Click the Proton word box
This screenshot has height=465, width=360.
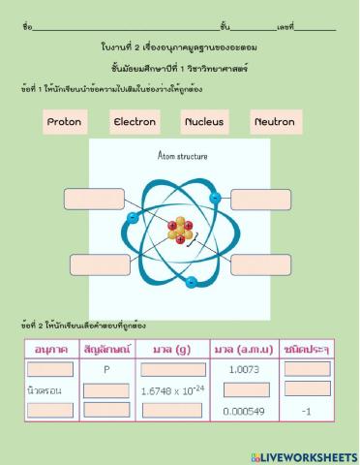(65, 123)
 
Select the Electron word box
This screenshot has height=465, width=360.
(135, 123)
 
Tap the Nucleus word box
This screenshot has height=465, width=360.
(204, 123)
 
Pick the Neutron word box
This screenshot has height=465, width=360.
(274, 123)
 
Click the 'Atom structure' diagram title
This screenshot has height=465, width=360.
(181, 155)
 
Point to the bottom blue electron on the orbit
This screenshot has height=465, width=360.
(192, 283)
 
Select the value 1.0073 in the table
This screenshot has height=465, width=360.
(243, 369)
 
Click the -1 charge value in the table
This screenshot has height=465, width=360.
(305, 410)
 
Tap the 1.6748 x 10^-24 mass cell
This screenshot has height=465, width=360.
(173, 389)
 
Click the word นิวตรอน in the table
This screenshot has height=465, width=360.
(46, 389)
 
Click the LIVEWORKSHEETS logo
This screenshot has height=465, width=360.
(303, 454)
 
